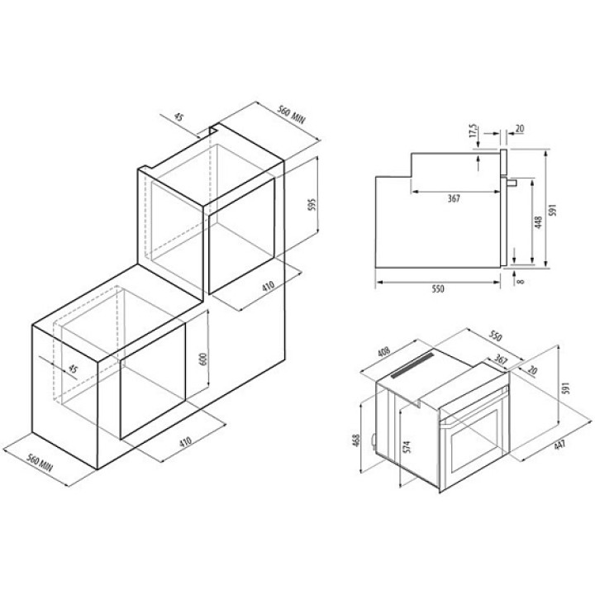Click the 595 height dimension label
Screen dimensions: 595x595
[x=312, y=205]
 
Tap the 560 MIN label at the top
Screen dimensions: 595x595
[x=291, y=115]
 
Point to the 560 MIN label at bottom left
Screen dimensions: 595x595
[x=40, y=463]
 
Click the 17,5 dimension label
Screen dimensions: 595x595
[x=473, y=131]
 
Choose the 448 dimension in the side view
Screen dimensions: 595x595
[x=538, y=222]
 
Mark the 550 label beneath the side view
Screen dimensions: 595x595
[x=437, y=289]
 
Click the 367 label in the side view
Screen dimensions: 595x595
[x=454, y=198]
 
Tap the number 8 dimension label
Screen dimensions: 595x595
[x=521, y=281]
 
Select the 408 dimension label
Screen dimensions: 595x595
[x=384, y=352]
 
